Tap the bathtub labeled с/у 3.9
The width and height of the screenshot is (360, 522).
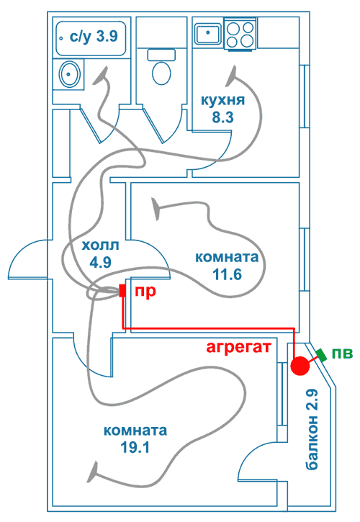(91, 38)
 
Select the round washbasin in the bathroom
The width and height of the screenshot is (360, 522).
(68, 74)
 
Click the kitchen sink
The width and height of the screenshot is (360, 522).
(208, 33)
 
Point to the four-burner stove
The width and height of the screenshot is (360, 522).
(240, 34)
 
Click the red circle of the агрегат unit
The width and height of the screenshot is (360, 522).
(300, 366)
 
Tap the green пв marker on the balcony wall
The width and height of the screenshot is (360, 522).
(322, 354)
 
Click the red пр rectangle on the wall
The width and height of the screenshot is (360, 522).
(122, 291)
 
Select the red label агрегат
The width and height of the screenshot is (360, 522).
(239, 348)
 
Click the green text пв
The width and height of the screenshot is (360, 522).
(342, 354)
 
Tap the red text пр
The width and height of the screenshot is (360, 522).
(145, 292)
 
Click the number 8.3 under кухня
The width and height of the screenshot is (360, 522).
(222, 117)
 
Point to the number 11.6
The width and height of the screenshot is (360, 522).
(227, 275)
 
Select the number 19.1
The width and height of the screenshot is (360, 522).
(135, 448)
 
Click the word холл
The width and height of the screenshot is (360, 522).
(100, 246)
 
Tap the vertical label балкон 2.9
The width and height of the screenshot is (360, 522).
(312, 429)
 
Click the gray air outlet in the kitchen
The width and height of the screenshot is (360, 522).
(231, 77)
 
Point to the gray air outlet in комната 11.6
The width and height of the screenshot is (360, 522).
(156, 209)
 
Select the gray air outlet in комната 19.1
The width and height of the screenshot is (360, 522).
(94, 471)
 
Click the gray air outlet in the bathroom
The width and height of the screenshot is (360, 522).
(102, 75)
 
